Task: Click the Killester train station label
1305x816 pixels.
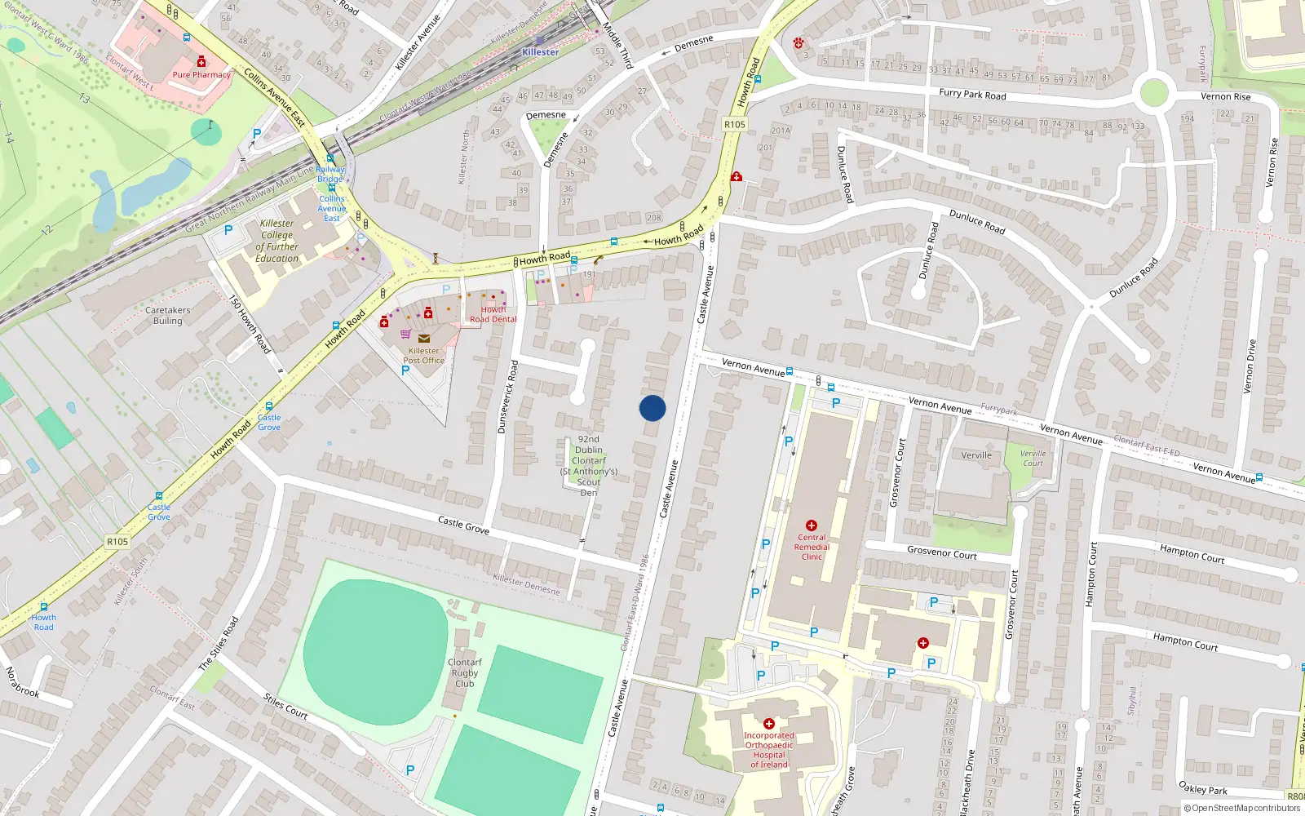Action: tap(540, 51)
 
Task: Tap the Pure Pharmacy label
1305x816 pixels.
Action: tap(201, 74)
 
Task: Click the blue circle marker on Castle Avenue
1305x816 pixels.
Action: tap(652, 408)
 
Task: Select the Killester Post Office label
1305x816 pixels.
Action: tap(423, 355)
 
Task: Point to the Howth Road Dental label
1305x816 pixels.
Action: tap(493, 314)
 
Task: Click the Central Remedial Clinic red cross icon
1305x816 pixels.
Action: tap(811, 526)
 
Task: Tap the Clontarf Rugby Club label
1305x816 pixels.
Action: tap(464, 672)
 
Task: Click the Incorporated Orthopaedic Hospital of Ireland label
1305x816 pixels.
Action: tap(768, 750)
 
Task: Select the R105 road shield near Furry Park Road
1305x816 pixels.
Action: tap(734, 125)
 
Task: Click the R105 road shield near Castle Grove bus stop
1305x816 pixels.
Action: tap(117, 542)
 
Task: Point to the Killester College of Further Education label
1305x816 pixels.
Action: tap(277, 241)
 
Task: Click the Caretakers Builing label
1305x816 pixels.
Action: tap(167, 315)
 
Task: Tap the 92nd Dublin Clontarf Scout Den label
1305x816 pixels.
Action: tap(588, 465)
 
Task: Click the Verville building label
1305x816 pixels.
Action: tap(976, 455)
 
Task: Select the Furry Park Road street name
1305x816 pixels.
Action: tap(972, 94)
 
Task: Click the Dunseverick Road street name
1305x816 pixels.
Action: tap(507, 397)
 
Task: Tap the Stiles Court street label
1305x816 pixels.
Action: tap(285, 706)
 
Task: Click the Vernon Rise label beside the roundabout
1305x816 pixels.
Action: tap(1225, 96)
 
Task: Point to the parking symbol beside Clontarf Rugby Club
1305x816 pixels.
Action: tap(409, 770)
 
